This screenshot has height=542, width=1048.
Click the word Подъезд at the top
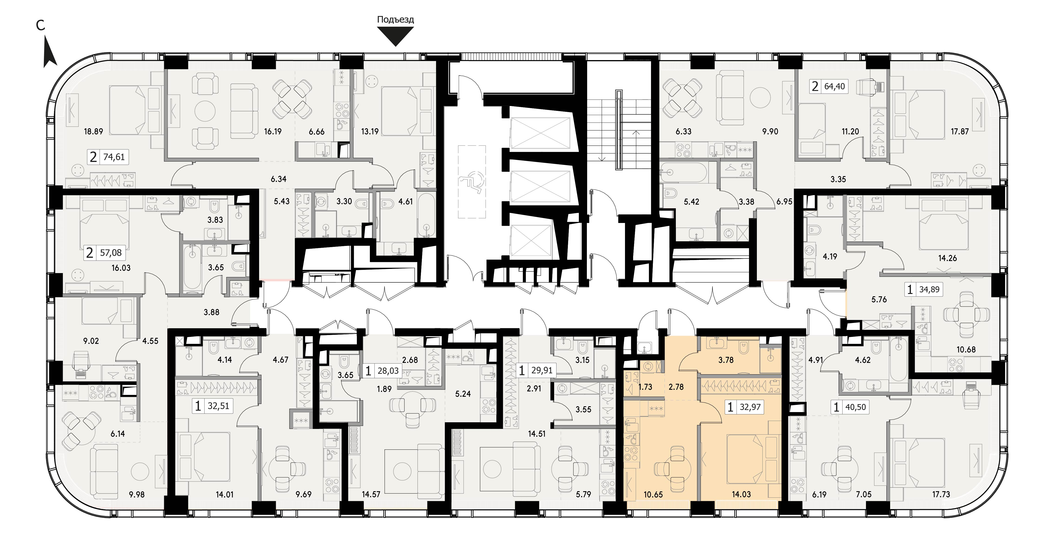tap(395, 19)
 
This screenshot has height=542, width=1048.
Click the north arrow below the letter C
tap(50, 51)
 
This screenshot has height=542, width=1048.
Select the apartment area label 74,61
tap(114, 157)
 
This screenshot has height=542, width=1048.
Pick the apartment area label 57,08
tap(111, 253)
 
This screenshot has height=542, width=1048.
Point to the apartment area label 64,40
tap(834, 87)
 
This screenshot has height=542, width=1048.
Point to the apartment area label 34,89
tap(929, 290)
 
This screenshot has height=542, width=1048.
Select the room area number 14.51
tap(537, 434)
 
